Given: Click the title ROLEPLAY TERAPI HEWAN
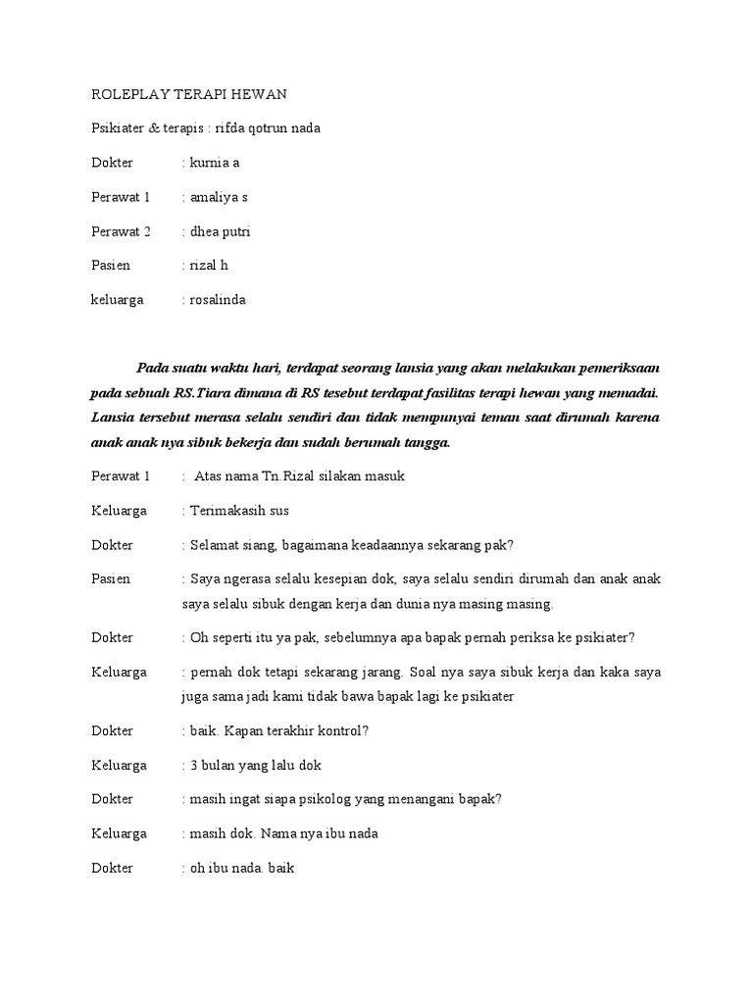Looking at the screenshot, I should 188,94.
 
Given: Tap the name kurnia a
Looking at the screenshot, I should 214,163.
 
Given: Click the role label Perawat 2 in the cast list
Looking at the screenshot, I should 121,231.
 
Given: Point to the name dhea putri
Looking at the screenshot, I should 221,231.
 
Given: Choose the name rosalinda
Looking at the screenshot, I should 217,300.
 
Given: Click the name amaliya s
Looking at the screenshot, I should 219,197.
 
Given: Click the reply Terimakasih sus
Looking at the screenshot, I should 238,511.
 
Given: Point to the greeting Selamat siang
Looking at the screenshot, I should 232,545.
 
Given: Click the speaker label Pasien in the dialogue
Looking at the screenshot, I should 111,579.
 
